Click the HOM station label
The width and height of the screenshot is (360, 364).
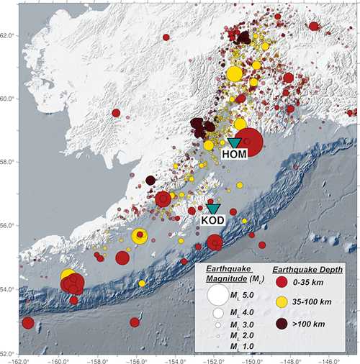[233, 153]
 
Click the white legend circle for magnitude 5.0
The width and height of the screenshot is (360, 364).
[217, 295]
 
